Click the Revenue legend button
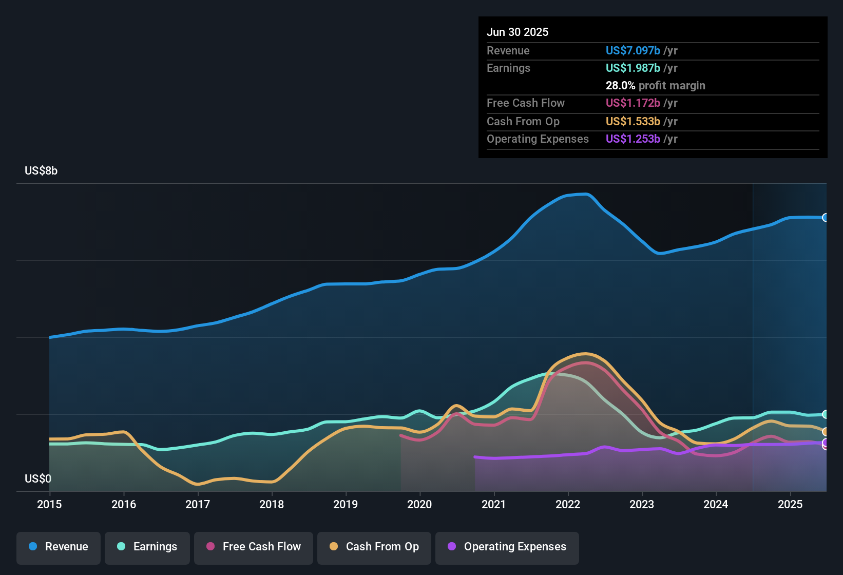point(59,547)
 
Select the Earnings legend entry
point(147,547)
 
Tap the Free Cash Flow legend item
point(254,547)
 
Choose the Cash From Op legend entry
point(374,547)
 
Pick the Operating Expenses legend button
point(507,547)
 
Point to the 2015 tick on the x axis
point(49,504)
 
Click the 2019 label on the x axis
point(346,504)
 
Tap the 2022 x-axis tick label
point(568,504)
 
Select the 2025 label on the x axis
point(790,504)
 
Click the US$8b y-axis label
point(41,170)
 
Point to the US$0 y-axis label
point(38,478)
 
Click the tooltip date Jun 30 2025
point(518,32)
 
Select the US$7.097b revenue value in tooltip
point(633,50)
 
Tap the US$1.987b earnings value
point(633,68)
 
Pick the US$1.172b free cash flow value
point(633,103)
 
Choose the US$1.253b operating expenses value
point(633,139)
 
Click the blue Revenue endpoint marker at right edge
point(826,218)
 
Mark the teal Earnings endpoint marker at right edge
point(826,414)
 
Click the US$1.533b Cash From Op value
point(633,121)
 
